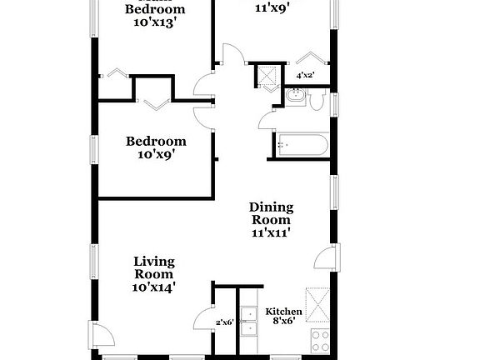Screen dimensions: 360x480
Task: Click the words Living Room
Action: tap(154, 267)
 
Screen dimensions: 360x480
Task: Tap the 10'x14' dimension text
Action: tap(154, 287)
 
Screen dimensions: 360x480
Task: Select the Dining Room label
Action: tap(272, 213)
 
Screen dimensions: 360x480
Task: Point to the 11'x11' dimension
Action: tap(272, 235)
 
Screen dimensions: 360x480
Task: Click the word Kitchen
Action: tap(282, 312)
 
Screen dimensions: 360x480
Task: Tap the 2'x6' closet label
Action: tap(224, 322)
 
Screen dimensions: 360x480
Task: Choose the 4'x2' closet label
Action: tap(306, 76)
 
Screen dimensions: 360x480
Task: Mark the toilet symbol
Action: tap(316, 100)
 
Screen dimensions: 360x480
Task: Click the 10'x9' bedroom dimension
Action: tap(156, 155)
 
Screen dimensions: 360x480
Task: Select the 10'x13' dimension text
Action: tap(155, 24)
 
